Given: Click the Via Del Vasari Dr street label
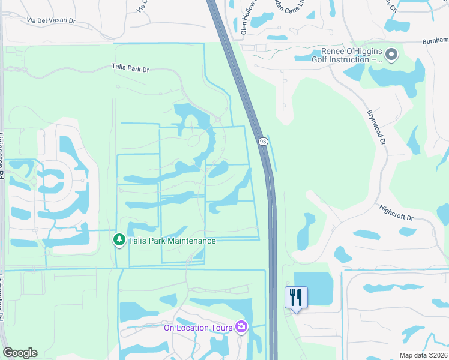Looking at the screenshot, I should click(51, 20).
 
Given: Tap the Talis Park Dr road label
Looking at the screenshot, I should click(130, 69).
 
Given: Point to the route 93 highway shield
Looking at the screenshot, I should click(263, 141).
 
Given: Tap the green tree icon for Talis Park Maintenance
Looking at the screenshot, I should click(119, 240).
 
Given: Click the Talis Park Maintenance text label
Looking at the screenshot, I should click(172, 241).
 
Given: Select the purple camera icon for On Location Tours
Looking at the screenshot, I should click(241, 326).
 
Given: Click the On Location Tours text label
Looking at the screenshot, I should click(199, 327).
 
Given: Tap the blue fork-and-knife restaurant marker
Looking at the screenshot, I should click(296, 297).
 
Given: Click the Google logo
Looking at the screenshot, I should click(20, 353).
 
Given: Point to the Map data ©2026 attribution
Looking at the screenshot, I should click(423, 355).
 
